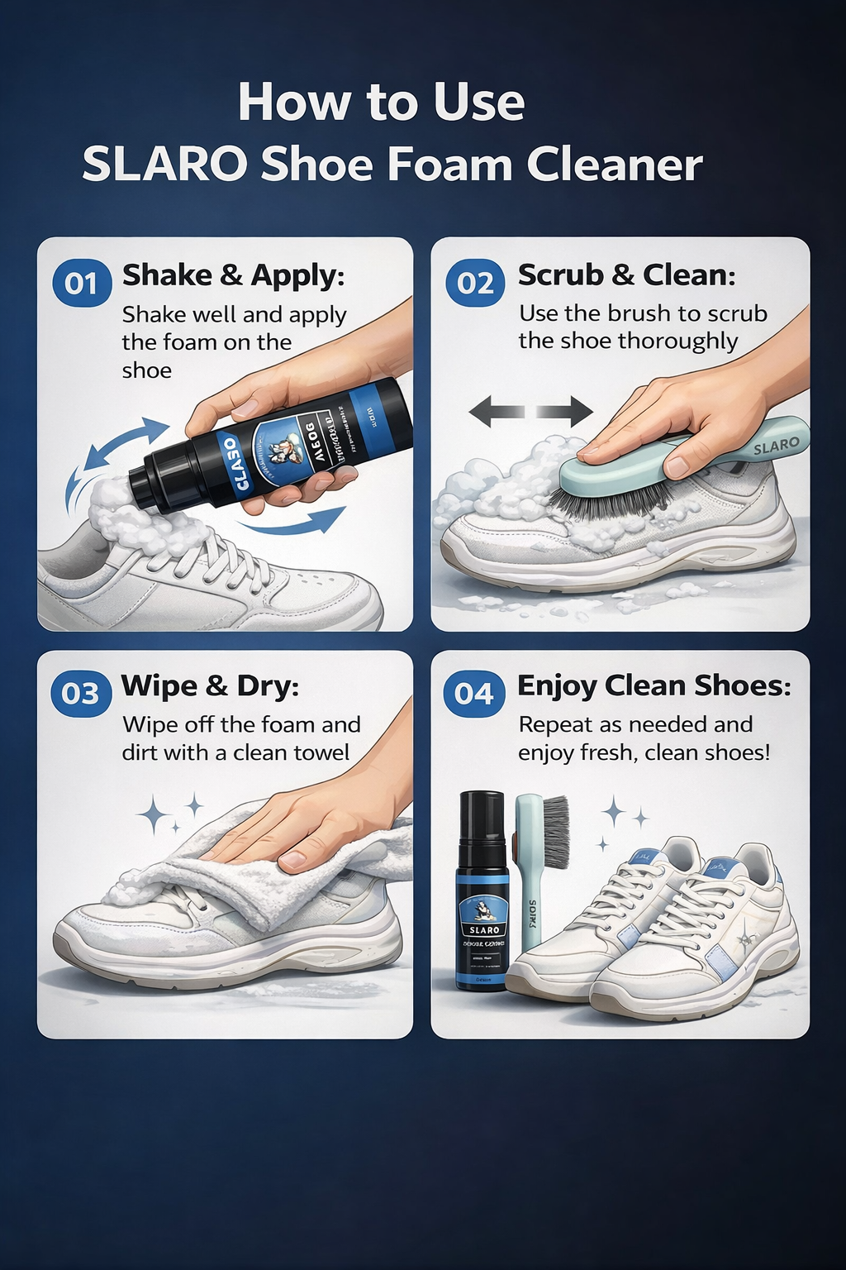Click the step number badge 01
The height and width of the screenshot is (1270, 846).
coord(81,284)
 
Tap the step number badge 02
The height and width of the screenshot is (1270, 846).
coord(475,284)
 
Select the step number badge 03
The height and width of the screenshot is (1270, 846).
coord(81,693)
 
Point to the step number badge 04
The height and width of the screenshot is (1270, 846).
coord(474,693)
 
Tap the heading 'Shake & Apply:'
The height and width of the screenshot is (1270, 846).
coord(233,275)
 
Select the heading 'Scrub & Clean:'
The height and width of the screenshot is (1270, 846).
coord(626,275)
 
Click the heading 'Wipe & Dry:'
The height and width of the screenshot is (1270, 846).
coord(210,685)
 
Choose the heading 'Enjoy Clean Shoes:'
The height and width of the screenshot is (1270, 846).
coord(654,685)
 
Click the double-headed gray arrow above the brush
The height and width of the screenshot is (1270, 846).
coord(530,411)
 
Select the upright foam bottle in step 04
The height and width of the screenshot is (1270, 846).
coord(482,893)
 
